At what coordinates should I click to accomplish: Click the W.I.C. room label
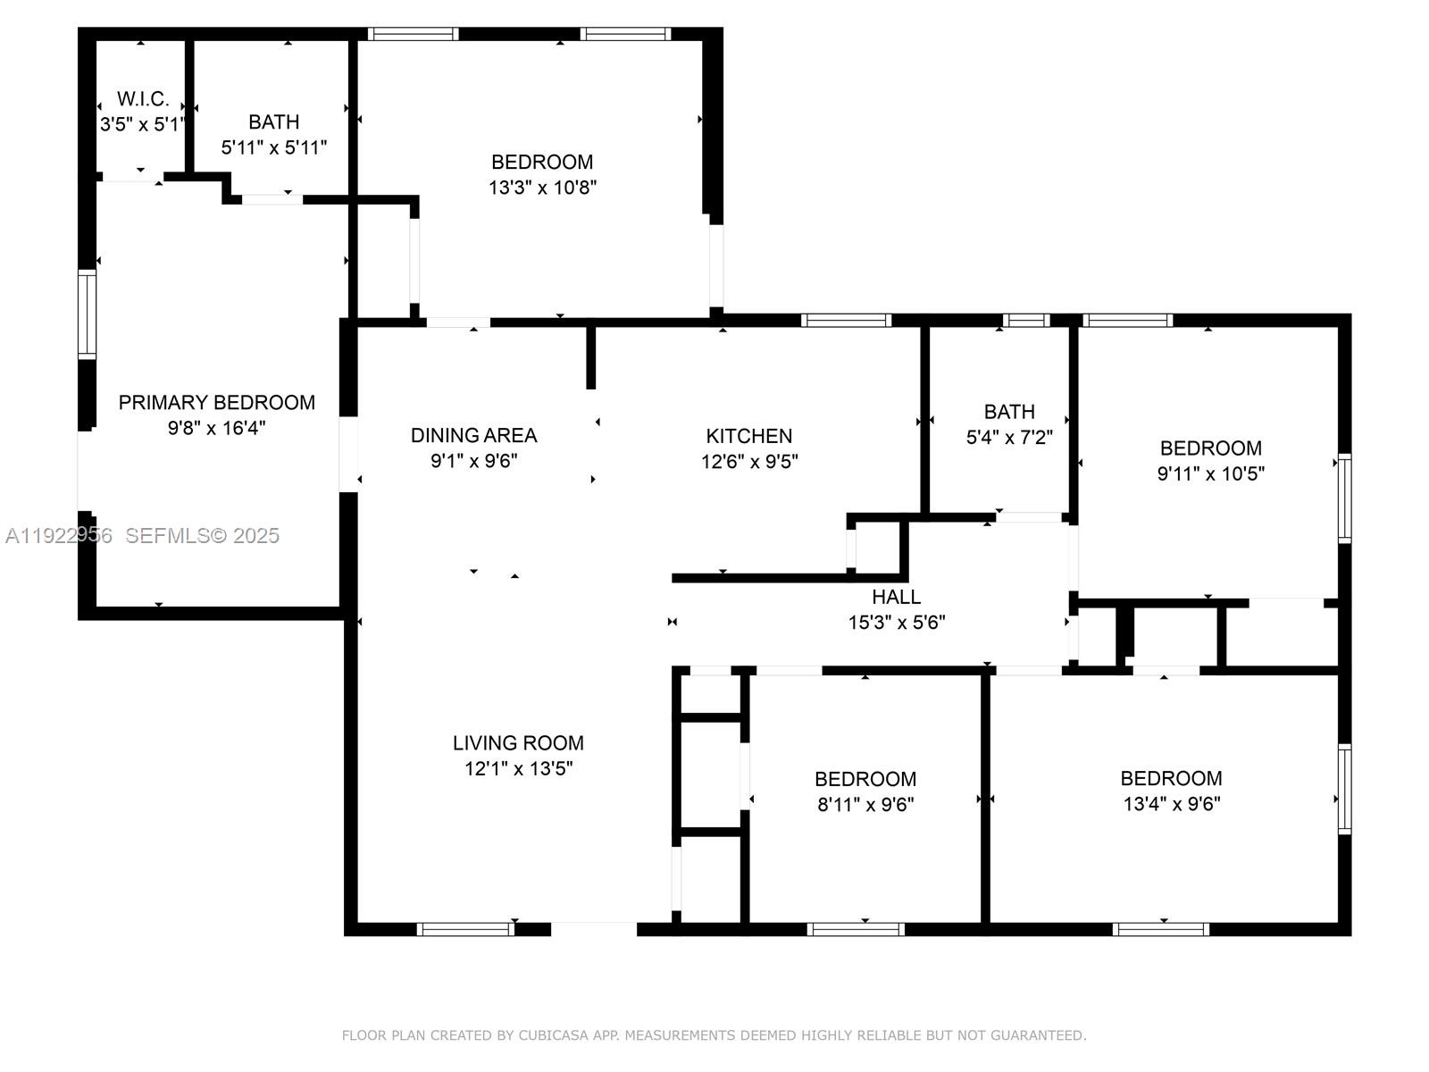(x=143, y=99)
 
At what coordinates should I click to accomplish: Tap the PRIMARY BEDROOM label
(x=216, y=403)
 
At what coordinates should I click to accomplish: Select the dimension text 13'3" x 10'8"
(x=542, y=188)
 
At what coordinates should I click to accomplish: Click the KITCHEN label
(x=748, y=436)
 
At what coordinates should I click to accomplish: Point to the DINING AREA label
(x=473, y=435)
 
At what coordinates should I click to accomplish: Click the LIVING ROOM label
(x=518, y=742)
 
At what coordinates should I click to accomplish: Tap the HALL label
(x=896, y=597)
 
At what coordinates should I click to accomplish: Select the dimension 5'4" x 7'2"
(x=1009, y=438)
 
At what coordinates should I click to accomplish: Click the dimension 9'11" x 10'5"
(x=1210, y=473)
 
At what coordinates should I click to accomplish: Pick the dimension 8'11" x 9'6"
(x=865, y=804)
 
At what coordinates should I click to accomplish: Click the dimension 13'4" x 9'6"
(x=1171, y=804)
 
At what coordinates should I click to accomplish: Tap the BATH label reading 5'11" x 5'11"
(x=273, y=122)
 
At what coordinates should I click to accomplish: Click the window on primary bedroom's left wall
(x=87, y=314)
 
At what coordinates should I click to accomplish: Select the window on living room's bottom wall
(x=465, y=929)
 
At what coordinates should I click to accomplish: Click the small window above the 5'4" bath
(x=1025, y=320)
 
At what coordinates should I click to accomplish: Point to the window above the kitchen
(x=846, y=320)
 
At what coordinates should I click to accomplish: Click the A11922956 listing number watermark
(x=59, y=535)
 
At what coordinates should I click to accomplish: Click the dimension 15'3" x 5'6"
(x=896, y=623)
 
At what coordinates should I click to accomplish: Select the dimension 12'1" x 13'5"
(x=518, y=768)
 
